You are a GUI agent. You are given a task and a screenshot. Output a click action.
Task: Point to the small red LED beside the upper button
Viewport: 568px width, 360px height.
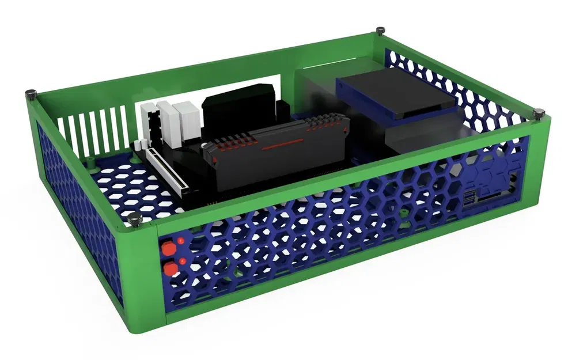pos(181,240)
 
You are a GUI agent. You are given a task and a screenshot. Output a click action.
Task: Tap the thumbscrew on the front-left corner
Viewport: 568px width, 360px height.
pos(135,219)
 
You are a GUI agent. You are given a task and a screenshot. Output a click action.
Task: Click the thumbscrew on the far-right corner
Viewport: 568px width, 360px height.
pos(540,113)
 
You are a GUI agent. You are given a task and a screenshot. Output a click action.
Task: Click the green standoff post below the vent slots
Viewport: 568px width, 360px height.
pos(94,164)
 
